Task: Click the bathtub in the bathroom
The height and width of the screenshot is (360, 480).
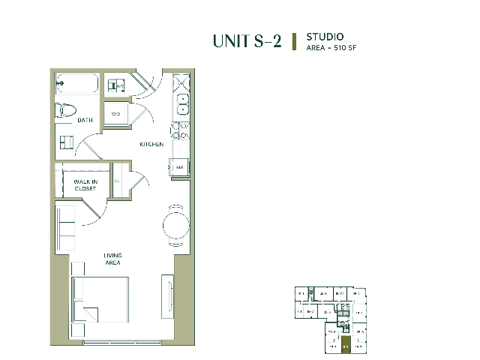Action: pyautogui.click(x=76, y=82)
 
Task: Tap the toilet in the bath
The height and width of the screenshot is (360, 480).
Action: pyautogui.click(x=66, y=111)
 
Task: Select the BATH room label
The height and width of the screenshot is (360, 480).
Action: pyautogui.click(x=85, y=120)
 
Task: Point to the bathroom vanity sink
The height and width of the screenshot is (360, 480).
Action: pyautogui.click(x=66, y=142)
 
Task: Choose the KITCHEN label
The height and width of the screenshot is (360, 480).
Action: pyautogui.click(x=151, y=144)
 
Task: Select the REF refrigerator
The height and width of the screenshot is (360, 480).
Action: pyautogui.click(x=180, y=167)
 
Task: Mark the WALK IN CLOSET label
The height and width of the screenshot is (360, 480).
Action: pyautogui.click(x=85, y=184)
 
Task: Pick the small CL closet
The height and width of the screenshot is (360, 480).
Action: pyautogui.click(x=117, y=181)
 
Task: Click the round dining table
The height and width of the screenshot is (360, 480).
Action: pyautogui.click(x=177, y=224)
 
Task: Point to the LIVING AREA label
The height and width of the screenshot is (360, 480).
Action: pyautogui.click(x=112, y=259)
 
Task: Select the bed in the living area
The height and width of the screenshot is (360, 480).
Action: pyautogui.click(x=99, y=300)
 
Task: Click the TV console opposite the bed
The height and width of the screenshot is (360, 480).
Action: pyautogui.click(x=166, y=295)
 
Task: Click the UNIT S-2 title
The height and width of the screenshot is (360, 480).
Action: pyautogui.click(x=247, y=41)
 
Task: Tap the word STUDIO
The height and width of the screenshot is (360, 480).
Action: pyautogui.click(x=325, y=36)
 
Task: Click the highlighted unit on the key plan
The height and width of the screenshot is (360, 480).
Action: pyautogui.click(x=345, y=345)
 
